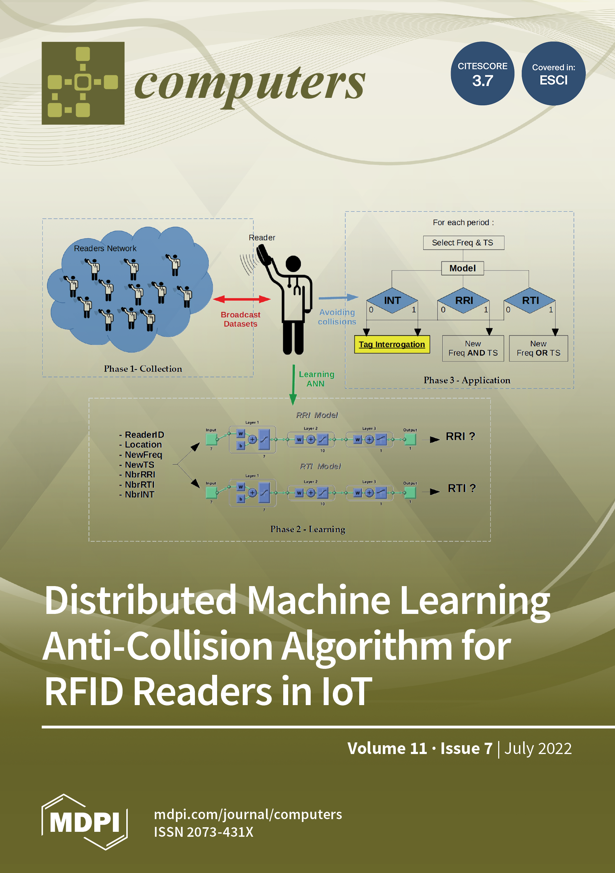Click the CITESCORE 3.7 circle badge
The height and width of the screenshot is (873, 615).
[482, 73]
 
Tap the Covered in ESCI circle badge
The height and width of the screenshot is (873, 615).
[553, 73]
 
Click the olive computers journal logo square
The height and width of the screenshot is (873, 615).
[83, 83]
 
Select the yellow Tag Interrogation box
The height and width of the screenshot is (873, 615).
[392, 345]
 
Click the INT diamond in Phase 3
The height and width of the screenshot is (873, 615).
[392, 301]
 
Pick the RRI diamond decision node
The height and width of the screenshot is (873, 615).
[464, 301]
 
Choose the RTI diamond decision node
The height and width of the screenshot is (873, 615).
[530, 301]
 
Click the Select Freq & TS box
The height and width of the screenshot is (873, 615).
[463, 243]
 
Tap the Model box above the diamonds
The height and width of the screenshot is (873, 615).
[463, 268]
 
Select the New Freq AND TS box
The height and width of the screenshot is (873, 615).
[473, 348]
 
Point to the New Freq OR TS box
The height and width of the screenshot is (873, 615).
[538, 348]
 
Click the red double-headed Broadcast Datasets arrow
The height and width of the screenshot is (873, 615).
[241, 299]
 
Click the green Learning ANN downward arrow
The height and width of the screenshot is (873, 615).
[293, 384]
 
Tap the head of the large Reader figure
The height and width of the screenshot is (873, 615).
[293, 264]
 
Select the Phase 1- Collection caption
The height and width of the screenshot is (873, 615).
[143, 369]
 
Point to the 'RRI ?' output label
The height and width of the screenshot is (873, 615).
[460, 436]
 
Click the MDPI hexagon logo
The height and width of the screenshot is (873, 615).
[84, 822]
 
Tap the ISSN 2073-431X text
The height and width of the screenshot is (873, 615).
[203, 832]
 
